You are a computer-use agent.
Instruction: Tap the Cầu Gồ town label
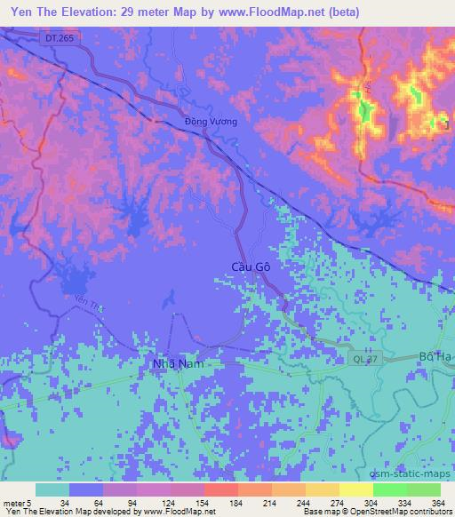[x=239, y=266]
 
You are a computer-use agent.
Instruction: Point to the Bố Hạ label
[x=435, y=357]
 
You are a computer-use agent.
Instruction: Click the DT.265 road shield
[x=56, y=36]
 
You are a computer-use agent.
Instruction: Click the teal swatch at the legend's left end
[x=52, y=489]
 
